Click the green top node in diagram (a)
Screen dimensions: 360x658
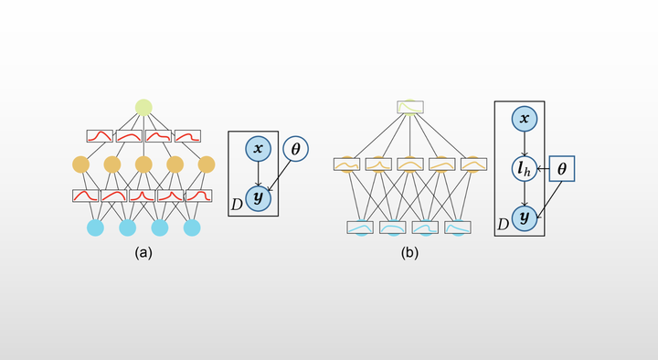[143, 108]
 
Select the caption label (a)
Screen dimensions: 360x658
[143, 252]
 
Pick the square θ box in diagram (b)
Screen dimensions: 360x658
[561, 169]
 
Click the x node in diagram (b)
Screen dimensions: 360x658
[523, 119]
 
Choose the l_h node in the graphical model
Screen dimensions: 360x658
[523, 169]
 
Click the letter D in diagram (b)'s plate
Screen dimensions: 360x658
[503, 224]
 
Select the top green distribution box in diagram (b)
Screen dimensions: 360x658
[410, 107]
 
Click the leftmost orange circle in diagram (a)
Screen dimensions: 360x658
[80, 165]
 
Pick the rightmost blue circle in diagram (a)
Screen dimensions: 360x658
[192, 227]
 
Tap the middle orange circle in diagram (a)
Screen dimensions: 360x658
[143, 165]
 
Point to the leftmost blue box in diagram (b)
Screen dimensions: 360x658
[360, 227]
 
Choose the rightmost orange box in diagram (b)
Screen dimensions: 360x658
[474, 164]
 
